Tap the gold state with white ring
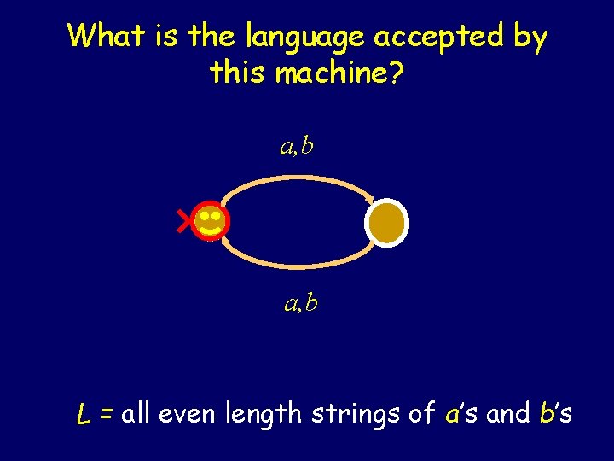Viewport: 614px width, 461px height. click(x=387, y=222)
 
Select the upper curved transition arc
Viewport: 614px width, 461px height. click(x=298, y=178)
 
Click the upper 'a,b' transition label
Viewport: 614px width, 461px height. click(x=297, y=147)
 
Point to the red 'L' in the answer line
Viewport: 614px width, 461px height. click(x=84, y=416)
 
